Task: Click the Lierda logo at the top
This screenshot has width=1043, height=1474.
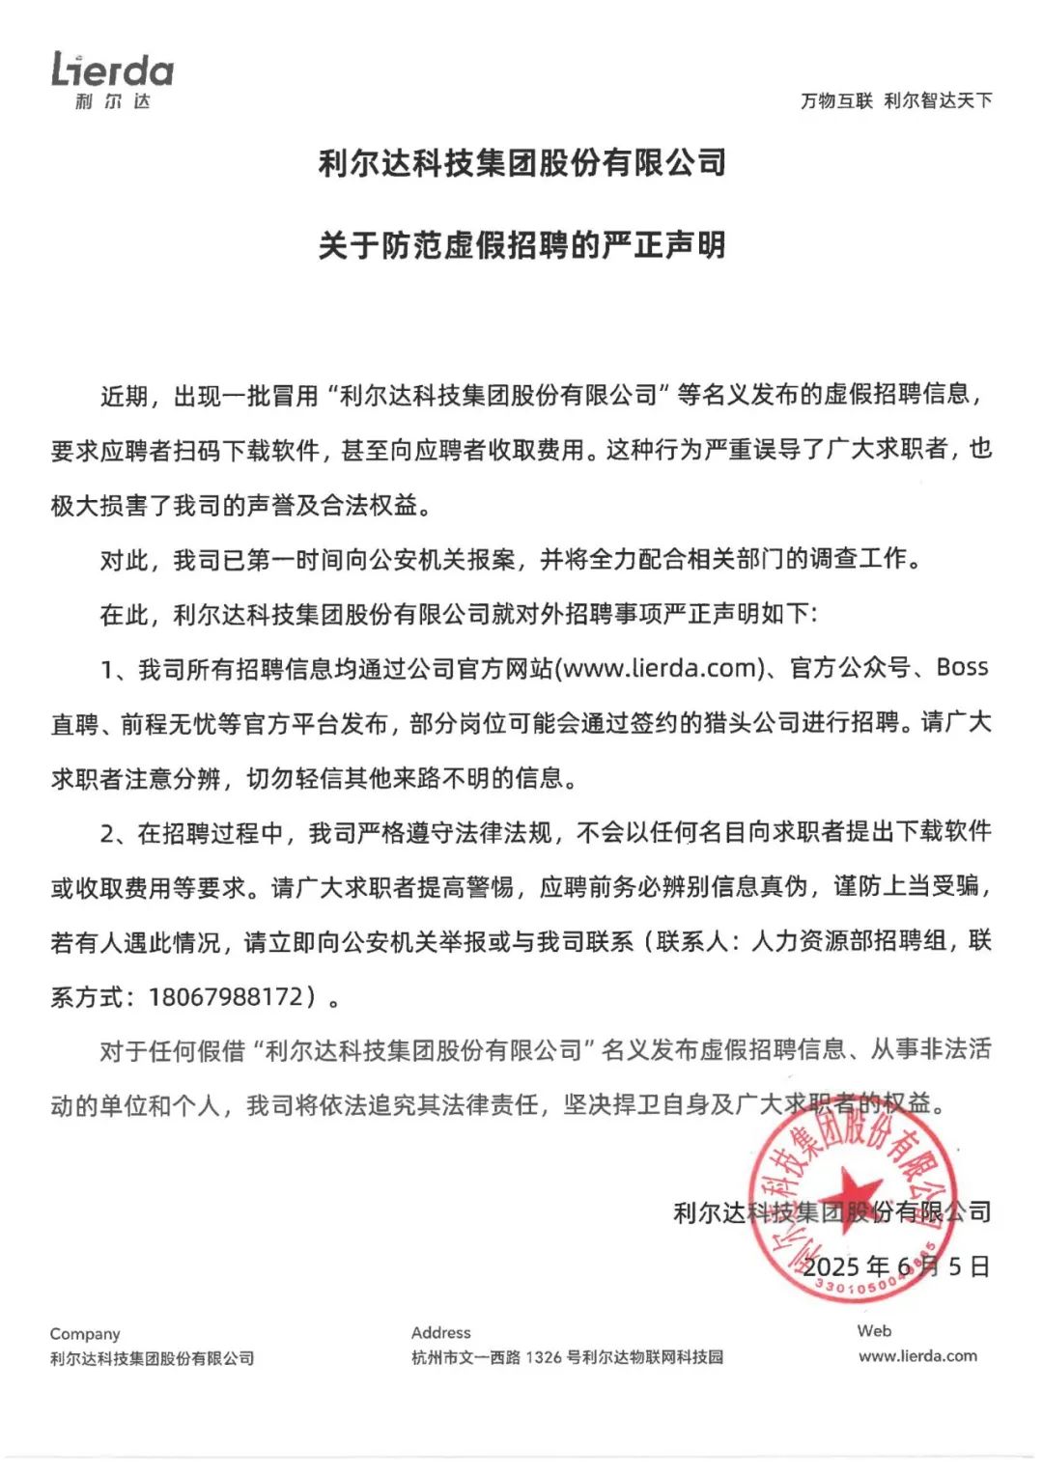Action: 112,79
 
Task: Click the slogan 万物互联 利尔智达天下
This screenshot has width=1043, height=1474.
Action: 895,100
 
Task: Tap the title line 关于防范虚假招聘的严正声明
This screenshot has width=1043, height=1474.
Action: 521,245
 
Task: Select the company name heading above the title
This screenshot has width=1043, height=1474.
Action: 521,163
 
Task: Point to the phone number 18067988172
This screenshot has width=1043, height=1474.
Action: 226,996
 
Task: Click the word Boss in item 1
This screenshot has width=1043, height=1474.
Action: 962,667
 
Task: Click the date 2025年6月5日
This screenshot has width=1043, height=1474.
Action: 896,1266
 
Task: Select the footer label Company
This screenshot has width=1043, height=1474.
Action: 85,1334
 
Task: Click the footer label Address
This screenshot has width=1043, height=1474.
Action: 441,1333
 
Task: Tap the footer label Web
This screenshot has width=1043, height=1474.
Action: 874,1331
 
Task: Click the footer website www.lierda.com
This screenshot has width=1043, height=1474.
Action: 917,1356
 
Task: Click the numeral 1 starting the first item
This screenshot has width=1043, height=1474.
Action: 107,668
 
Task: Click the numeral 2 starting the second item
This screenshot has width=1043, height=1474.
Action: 107,832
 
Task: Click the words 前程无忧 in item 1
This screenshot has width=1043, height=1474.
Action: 168,723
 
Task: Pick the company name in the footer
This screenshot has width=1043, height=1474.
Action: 152,1358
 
